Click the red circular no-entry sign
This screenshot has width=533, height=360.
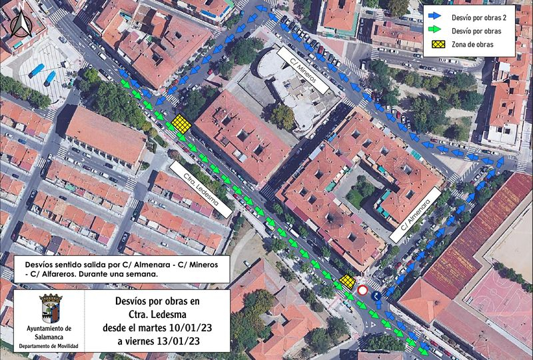pos(362,291)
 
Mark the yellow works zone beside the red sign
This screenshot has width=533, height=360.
pos(346,282)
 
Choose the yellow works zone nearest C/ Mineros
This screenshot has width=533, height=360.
pos(181,125)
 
